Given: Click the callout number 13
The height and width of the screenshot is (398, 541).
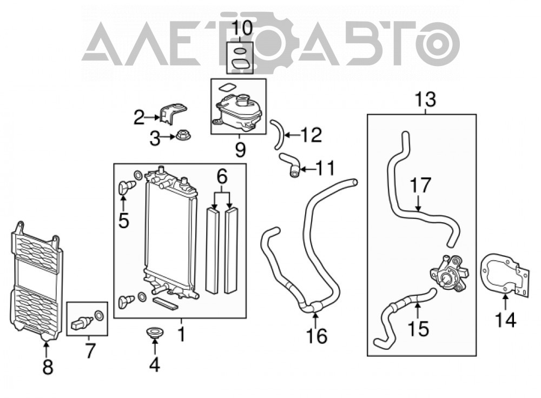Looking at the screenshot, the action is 425,99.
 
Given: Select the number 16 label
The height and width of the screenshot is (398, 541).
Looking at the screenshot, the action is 316,336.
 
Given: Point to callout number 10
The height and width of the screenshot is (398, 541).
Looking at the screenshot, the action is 242,28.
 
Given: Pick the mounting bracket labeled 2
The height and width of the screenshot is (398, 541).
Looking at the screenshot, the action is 173,113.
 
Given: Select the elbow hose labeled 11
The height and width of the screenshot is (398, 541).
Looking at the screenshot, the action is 291,165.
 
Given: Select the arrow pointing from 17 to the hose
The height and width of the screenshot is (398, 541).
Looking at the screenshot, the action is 418,203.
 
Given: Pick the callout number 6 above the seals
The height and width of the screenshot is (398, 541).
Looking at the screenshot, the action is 222,177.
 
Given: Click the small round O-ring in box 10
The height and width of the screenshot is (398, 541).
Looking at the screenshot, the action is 240,52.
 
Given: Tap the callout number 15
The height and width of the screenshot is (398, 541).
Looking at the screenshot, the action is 419,328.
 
